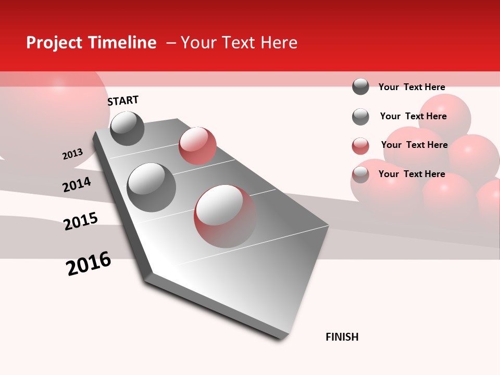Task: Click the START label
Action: [x=123, y=101]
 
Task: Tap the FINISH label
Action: [x=342, y=337]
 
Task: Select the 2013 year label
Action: [x=73, y=154]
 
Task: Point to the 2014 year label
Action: [x=77, y=184]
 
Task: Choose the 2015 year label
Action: [x=81, y=221]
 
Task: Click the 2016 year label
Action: [x=89, y=263]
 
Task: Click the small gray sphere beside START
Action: [x=127, y=128]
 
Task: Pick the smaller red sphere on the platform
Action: [x=197, y=145]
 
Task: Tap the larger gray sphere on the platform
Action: [x=152, y=187]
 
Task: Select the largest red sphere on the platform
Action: [x=225, y=216]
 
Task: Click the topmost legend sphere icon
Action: [x=360, y=86]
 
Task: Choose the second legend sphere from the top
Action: [x=360, y=117]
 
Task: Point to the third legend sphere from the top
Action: [x=360, y=146]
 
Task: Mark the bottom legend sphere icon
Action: [x=360, y=174]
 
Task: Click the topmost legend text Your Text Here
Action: [x=411, y=87]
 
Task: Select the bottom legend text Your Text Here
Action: [x=411, y=174]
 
